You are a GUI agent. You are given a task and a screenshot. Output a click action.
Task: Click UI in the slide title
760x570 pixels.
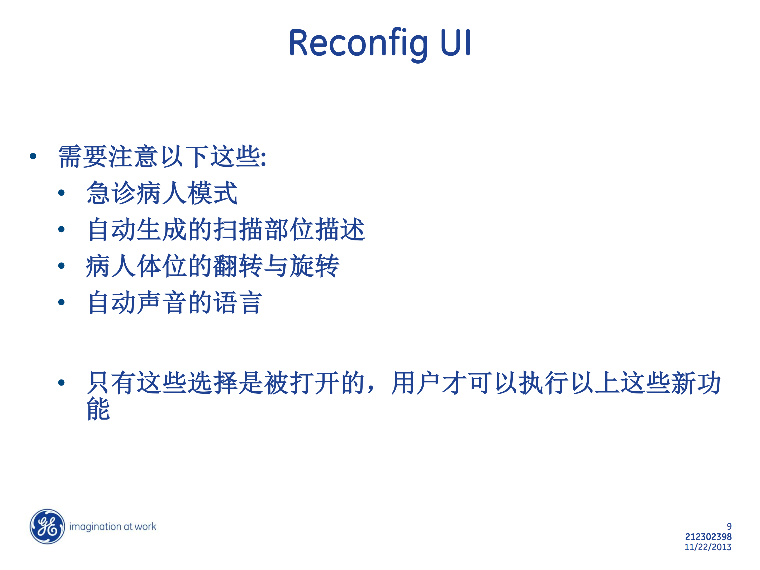(455, 42)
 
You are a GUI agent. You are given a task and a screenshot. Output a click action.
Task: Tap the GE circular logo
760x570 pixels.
(47, 526)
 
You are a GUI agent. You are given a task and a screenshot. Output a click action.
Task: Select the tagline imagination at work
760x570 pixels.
(113, 526)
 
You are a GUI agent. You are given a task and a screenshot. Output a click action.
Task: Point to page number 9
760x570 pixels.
(729, 526)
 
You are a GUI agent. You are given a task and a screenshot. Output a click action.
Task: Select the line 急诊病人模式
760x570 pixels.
(162, 193)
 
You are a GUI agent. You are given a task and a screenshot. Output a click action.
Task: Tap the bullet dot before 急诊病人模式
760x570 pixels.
(61, 193)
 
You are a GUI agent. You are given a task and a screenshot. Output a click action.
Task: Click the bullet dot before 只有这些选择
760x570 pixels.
(61, 382)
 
